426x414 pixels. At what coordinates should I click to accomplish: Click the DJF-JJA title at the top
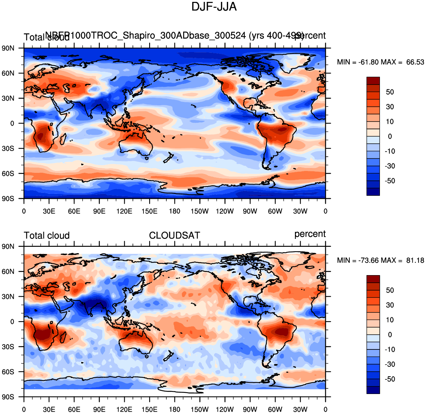point(214,7)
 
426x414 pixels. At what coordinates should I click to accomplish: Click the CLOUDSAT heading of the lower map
point(174,235)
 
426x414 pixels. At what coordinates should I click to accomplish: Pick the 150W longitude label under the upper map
point(199,211)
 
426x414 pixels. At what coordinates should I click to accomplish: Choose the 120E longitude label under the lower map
point(124,409)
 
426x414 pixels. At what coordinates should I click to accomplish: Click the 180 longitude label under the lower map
point(174,409)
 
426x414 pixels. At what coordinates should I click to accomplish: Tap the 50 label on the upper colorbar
point(390,92)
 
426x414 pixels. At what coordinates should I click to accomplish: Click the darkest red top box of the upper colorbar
point(373,81)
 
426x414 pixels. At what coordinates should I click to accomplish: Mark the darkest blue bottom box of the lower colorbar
point(373,390)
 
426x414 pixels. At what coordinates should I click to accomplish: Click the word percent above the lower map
point(310,234)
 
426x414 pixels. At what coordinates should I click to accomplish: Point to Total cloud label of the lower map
point(47,235)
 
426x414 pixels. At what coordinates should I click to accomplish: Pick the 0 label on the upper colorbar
point(390,137)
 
